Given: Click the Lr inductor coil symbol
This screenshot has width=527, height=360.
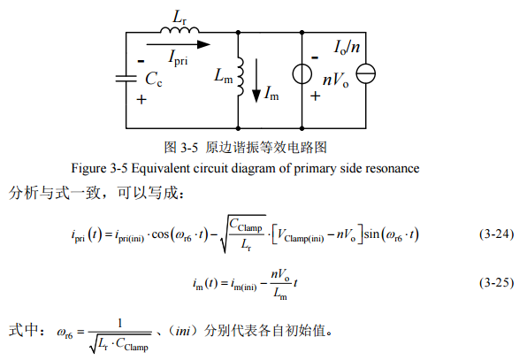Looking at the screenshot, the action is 179,30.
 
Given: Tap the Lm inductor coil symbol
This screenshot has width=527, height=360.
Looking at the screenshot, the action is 240,77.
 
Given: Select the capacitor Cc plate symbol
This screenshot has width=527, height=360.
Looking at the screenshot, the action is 126,79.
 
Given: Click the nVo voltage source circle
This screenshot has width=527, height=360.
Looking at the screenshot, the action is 302,73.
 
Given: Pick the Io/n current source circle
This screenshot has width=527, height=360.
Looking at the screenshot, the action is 366,73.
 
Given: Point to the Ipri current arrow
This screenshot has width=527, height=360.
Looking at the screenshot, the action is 179,44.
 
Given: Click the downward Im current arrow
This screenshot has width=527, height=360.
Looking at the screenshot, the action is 256,80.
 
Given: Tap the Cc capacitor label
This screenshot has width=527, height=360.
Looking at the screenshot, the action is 154,80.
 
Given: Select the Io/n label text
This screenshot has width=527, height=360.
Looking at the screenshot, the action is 347,47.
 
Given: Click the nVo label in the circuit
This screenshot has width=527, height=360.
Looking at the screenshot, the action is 335,80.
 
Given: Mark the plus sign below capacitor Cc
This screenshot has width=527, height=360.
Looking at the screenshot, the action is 141,99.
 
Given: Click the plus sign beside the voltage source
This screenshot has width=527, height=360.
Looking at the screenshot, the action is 316,96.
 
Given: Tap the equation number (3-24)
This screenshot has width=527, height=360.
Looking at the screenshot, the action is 496,234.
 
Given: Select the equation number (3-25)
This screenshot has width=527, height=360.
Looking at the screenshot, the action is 496,282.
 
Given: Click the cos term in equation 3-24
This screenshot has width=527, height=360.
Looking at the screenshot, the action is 160,234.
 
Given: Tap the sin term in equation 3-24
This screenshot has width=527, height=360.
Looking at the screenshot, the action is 371,234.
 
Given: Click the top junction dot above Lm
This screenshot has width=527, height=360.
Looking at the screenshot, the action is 238,32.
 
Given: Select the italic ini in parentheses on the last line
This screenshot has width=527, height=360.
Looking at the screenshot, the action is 183,331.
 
